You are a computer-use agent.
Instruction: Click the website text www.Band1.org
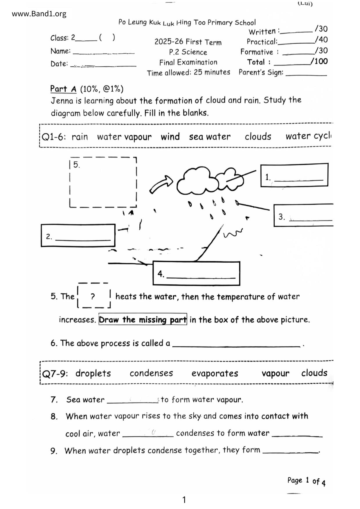point(39,14)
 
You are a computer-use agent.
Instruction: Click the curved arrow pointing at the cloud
point(161,184)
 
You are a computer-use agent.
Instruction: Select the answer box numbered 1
point(294,175)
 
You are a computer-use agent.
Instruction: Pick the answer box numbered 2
point(78,235)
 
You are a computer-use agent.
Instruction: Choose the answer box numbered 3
point(303,215)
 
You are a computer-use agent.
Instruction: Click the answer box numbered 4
point(196,273)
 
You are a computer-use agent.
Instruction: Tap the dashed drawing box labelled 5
point(103,182)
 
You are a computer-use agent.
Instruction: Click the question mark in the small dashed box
point(93,296)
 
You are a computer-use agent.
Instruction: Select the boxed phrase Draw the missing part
point(143,320)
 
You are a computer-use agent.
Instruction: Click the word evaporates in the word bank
point(215,373)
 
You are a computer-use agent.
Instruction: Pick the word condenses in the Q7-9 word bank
point(151,373)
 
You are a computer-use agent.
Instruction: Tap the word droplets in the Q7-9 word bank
point(93,373)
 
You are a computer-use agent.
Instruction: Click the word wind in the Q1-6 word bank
point(170,137)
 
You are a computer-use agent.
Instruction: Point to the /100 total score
point(319,61)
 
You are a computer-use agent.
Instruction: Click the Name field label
point(60,51)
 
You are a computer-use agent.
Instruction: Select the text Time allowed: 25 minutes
point(188,72)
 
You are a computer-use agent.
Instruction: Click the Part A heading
point(63,89)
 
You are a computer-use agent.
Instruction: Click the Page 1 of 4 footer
point(306,481)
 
